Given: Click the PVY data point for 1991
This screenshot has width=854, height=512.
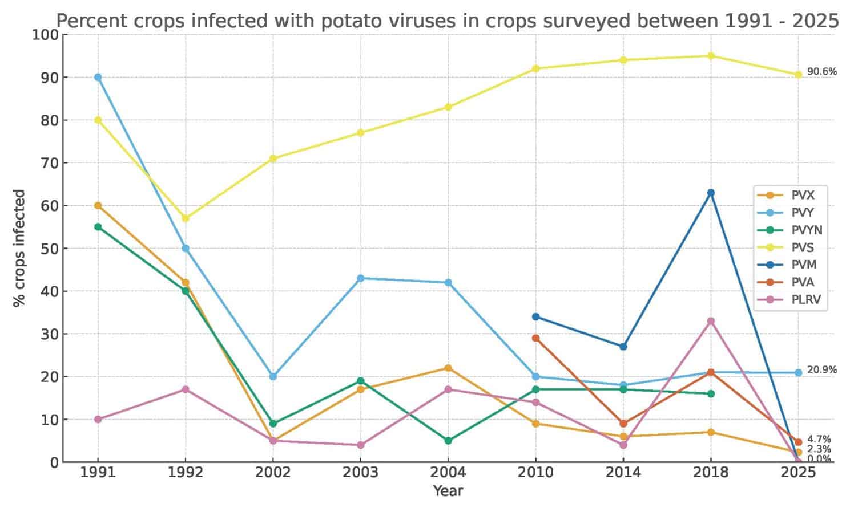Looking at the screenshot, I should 98,77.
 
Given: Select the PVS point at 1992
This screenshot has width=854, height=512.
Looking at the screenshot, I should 186,218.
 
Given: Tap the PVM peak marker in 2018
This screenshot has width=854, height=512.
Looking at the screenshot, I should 711,193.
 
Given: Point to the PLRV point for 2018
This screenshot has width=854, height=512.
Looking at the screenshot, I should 711,321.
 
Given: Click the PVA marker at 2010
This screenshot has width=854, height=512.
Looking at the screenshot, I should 535,338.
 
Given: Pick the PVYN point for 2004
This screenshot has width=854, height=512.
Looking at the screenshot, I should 448,441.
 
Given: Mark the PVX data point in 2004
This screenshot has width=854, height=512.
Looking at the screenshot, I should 448,368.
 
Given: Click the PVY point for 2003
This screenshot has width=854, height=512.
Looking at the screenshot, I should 360,278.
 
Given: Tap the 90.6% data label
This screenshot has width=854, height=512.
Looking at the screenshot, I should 822,72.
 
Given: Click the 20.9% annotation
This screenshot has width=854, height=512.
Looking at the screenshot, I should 822,370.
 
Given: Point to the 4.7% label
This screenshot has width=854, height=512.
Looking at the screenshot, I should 819,440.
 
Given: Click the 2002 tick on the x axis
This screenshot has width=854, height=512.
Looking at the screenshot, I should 273,473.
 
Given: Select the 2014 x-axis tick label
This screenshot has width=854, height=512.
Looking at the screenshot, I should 623,473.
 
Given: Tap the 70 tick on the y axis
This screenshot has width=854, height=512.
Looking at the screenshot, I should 50,163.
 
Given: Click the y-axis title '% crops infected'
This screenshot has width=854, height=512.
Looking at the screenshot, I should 19,248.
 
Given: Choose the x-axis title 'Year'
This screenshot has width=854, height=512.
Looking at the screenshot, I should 448,491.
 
